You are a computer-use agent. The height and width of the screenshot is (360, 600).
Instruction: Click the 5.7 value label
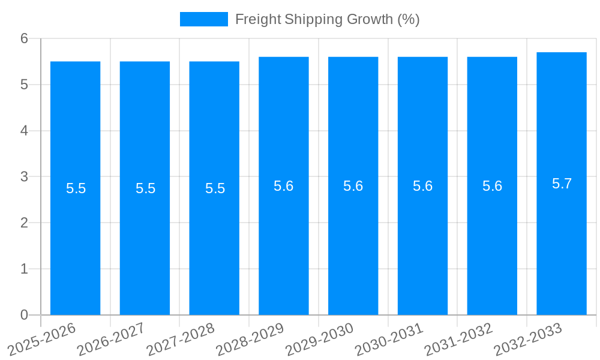[562, 184]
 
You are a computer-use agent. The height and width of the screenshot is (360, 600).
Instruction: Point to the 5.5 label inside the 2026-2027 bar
[145, 188]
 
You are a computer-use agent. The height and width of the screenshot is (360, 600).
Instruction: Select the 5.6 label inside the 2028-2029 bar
[283, 186]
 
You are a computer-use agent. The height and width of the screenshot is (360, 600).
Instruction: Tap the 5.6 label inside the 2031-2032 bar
[492, 186]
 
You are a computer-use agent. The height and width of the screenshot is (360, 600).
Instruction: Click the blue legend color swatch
[204, 19]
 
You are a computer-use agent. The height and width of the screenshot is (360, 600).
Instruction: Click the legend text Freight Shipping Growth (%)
[327, 19]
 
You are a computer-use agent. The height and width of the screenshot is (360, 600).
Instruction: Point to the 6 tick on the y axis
[24, 38]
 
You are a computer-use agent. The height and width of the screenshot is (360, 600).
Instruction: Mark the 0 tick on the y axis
[24, 315]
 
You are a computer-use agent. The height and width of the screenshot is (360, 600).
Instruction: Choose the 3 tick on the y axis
[24, 177]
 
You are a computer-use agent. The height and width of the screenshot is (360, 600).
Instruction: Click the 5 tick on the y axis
[24, 85]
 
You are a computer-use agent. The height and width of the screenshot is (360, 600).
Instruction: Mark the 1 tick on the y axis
[24, 269]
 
